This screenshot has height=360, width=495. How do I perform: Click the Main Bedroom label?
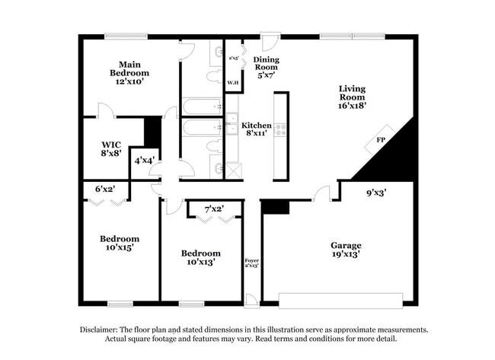(126, 72)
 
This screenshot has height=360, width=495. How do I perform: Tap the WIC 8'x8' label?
(111, 148)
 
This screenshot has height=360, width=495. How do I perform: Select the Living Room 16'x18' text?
(353, 97)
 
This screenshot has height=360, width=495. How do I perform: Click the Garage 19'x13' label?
(345, 250)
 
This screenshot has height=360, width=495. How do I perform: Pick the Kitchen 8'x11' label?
(257, 129)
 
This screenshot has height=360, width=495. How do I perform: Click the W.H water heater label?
(232, 81)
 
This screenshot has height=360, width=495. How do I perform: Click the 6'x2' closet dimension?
(106, 189)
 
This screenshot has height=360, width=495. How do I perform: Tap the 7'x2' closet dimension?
(214, 209)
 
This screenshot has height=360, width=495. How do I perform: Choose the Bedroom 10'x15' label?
(120, 244)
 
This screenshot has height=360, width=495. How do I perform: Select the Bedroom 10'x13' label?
(201, 258)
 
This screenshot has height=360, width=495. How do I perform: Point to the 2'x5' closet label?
(233, 57)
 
